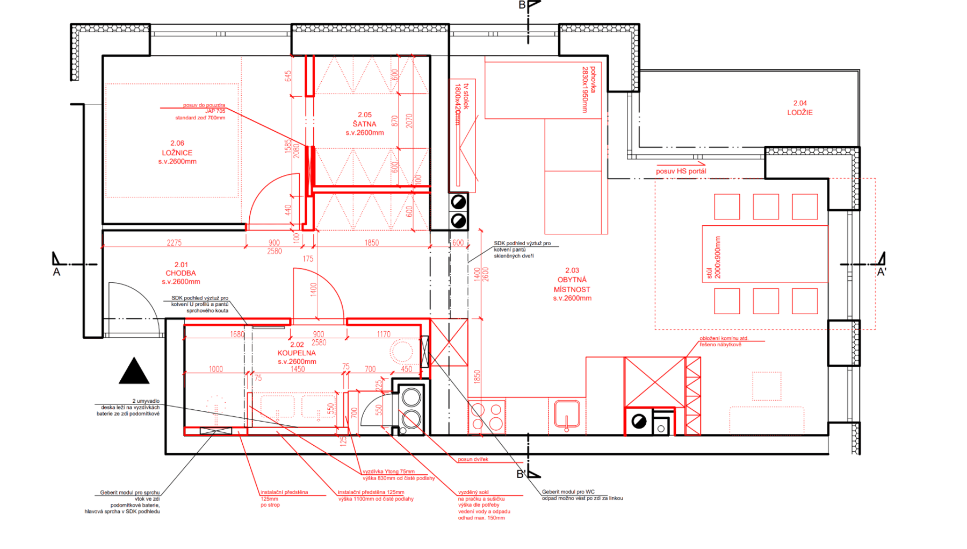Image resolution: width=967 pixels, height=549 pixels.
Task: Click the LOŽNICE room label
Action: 177,153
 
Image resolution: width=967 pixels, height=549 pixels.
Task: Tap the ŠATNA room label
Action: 365,124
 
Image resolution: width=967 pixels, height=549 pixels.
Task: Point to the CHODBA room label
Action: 181,273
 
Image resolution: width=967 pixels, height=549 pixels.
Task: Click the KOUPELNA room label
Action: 297,353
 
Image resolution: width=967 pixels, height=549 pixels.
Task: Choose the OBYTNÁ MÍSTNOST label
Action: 572,284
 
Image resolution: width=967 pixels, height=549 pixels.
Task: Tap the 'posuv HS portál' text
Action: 681,171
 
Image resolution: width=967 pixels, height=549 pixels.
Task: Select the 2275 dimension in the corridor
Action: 174,243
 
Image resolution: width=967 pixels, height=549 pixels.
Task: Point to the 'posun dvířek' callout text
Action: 473,459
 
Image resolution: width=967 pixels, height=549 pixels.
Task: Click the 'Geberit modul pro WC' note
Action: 568,491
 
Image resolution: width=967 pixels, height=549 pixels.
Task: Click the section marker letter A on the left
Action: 56,272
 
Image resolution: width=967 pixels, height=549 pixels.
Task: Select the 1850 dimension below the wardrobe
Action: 372,243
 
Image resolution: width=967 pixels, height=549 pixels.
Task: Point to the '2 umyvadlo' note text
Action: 146,401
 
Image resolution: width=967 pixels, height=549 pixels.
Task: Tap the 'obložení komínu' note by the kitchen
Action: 723,339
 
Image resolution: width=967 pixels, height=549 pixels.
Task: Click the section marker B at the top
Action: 522,5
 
